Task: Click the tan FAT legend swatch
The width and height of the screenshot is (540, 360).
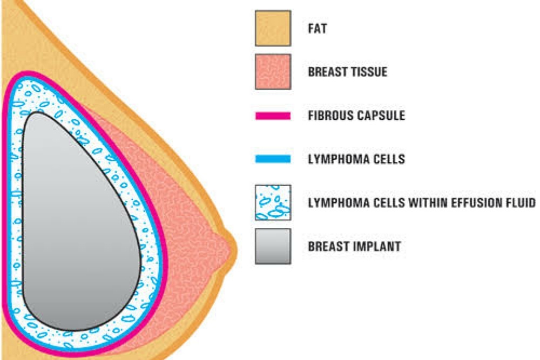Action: tap(273, 28)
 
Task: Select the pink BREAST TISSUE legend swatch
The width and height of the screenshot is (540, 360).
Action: tap(273, 71)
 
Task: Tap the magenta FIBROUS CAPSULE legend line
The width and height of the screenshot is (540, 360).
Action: tap(273, 116)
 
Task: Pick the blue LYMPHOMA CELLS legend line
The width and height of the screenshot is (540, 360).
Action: tap(273, 159)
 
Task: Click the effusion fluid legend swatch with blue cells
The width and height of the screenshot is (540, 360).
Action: tap(273, 202)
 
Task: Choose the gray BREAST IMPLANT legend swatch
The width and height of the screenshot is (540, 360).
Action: tap(273, 246)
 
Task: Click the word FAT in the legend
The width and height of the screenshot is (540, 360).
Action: tap(317, 28)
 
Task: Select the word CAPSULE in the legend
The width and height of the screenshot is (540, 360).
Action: tap(380, 116)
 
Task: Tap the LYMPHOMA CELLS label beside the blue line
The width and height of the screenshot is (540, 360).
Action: tap(356, 159)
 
